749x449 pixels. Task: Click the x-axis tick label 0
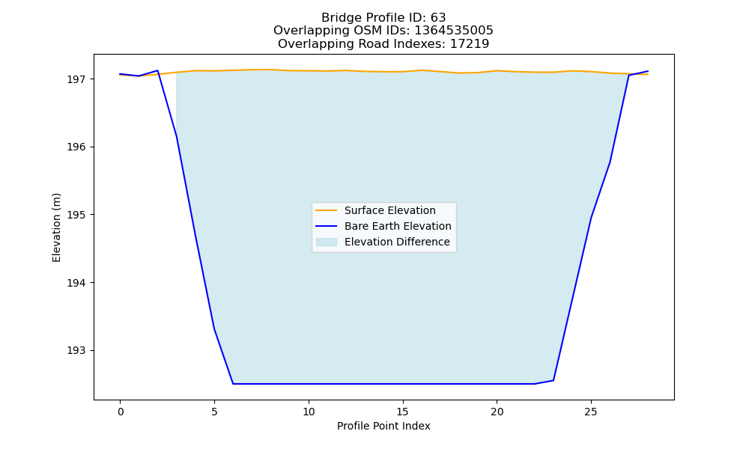click(x=121, y=412)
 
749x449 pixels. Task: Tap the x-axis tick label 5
click(x=214, y=412)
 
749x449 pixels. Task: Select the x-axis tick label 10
click(x=309, y=412)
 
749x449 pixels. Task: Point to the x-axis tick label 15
click(x=403, y=412)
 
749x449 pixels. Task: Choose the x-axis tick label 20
click(x=497, y=412)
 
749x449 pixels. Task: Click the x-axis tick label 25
click(x=591, y=412)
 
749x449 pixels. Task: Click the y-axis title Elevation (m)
click(x=56, y=227)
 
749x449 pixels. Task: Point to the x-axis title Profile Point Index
click(x=383, y=426)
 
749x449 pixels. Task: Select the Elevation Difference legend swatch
click(x=327, y=242)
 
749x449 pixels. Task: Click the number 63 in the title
click(x=438, y=18)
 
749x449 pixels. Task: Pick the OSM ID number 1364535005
click(x=454, y=31)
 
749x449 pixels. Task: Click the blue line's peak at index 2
click(x=157, y=70)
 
